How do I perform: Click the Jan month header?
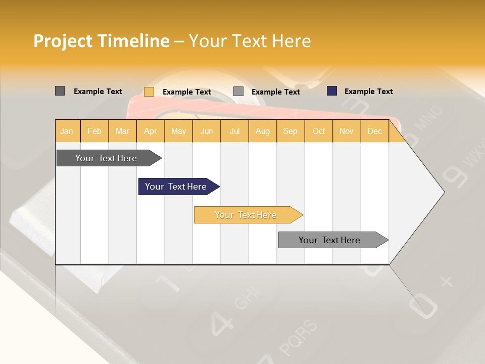tap(67, 131)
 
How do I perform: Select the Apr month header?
tap(151, 131)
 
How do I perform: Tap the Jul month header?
tap(235, 131)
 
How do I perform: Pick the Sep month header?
tap(290, 131)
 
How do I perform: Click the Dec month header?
tap(374, 131)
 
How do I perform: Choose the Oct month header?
tap(319, 131)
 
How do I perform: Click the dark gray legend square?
tap(60, 91)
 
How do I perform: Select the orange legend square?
tap(149, 92)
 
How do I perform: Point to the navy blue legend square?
tap(331, 91)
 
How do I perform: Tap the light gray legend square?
tap(238, 92)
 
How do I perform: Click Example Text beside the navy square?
tap(368, 91)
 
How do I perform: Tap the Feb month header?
tap(94, 131)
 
